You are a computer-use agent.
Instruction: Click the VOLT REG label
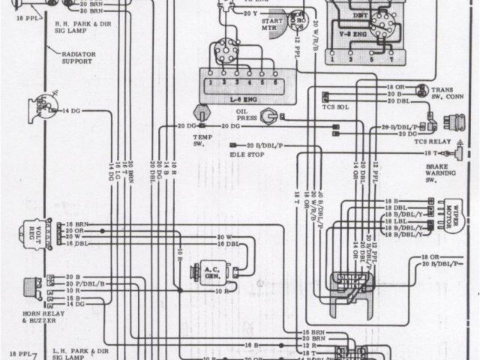34,231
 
